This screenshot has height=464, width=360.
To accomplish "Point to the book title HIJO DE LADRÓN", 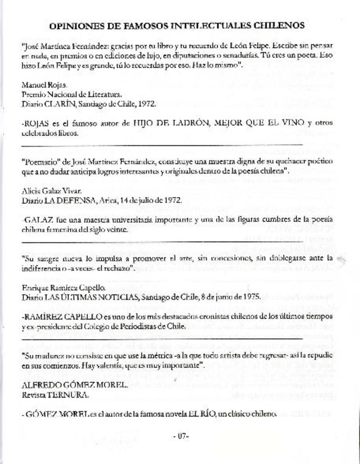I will click(165, 122).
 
